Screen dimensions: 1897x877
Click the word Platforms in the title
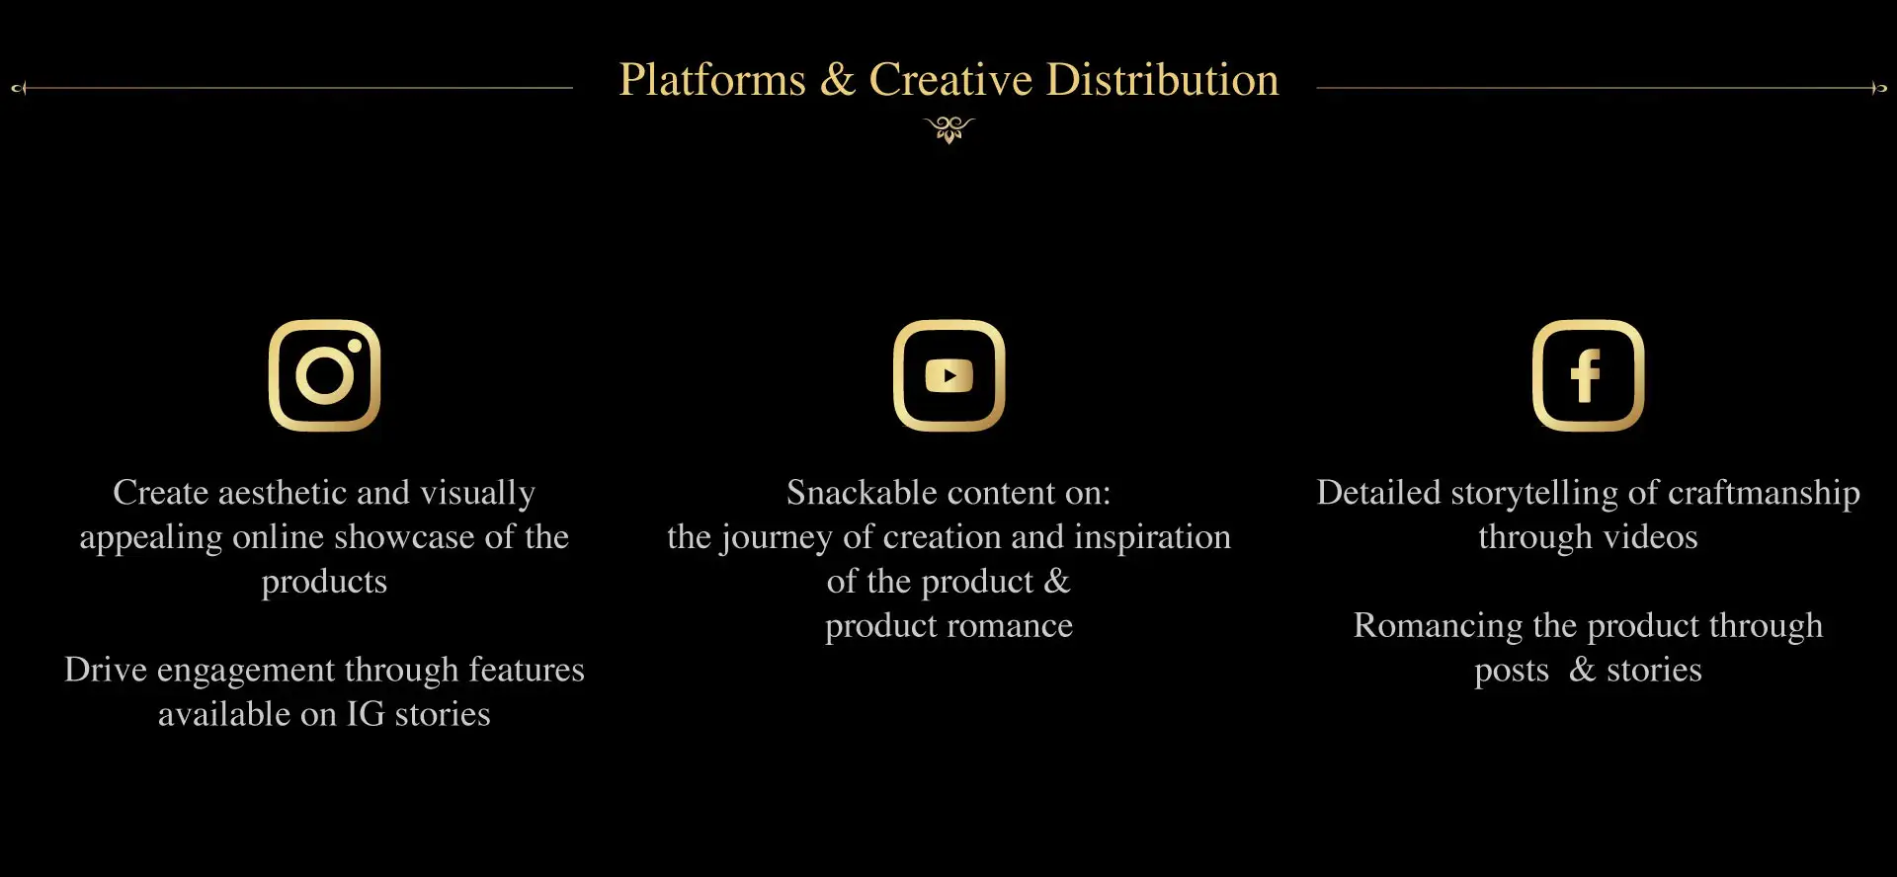point(712,80)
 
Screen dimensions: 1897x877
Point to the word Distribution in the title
point(1163,80)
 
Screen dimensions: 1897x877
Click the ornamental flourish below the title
point(949,129)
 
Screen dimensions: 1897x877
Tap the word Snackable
point(862,492)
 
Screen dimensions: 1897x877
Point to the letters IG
point(366,713)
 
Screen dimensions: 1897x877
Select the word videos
point(1650,536)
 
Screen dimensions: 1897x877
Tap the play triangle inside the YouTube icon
point(949,375)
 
